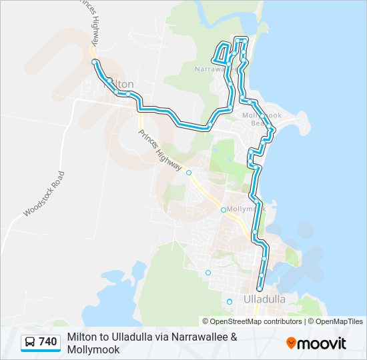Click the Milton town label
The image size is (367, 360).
119,84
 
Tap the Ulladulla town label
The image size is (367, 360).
266,299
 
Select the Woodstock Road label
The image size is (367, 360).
45,194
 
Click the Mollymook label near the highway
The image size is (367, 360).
246,209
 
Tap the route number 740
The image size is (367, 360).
47,342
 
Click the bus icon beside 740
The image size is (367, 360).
30,342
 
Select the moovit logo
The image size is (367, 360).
316,343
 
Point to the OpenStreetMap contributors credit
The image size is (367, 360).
257,321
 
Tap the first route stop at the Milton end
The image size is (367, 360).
95,62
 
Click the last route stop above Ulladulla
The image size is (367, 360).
260,289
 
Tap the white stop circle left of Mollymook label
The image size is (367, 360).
224,209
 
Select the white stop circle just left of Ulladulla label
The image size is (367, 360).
230,301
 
